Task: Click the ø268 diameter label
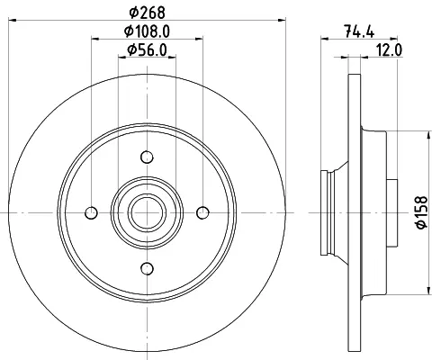pos(147,13)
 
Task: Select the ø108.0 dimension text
pos(147,31)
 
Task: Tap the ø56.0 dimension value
pos(147,49)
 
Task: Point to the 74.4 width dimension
pos(359,31)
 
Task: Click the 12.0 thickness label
pos(389,49)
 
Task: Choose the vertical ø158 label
pos(422,212)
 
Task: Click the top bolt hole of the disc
pos(147,157)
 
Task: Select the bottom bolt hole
pos(147,268)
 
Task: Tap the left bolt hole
pos(91,213)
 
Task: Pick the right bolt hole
pos(202,213)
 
